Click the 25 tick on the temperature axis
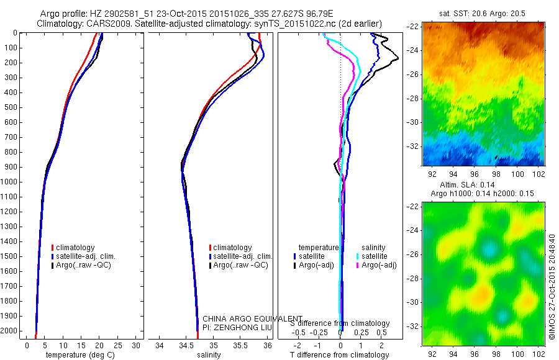pos(118,345)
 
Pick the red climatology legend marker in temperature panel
pos(53,248)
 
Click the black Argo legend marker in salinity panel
pos(211,265)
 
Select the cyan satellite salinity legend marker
pos(357,256)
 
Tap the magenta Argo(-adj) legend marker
pos(357,265)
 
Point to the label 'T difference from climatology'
pos(339,355)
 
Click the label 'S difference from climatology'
pos(340,323)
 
